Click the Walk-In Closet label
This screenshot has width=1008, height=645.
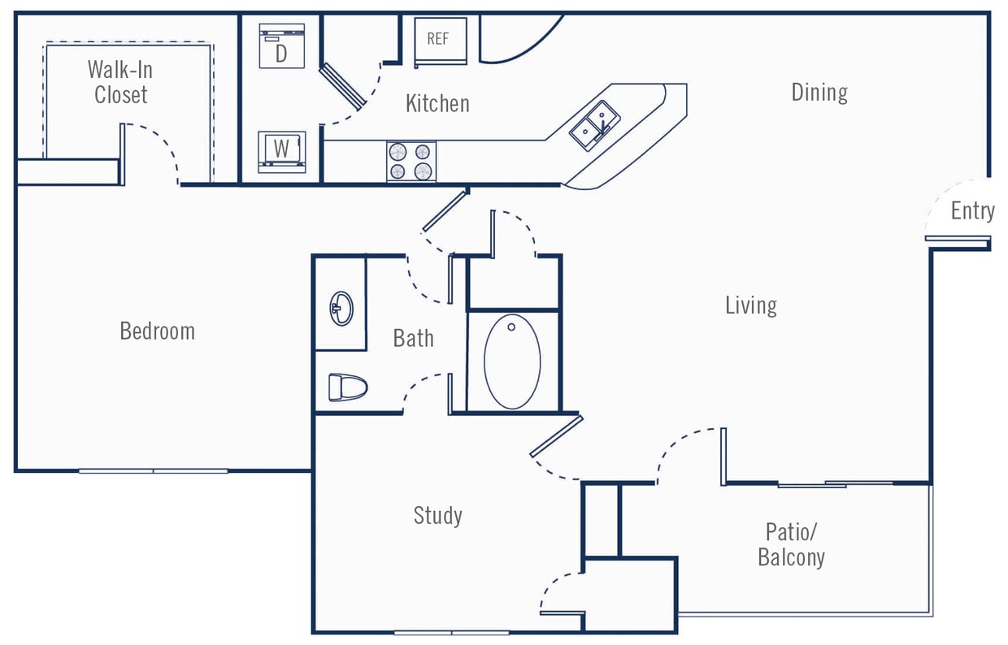point(120,82)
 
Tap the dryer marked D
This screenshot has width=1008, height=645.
point(281,46)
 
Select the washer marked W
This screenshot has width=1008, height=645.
point(281,151)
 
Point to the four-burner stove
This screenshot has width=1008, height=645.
point(411,161)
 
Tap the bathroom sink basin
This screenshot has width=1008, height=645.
point(341,308)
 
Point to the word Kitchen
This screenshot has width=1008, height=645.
point(437,104)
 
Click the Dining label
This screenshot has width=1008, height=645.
point(819,93)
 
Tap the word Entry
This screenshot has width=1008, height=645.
point(972,211)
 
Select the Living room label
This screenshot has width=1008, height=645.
point(750,305)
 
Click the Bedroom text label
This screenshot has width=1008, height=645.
point(157,331)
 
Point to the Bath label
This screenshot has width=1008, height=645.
point(413,338)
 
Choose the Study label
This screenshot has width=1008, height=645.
point(437,516)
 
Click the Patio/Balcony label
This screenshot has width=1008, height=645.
point(791,544)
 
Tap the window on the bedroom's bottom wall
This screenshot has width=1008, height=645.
point(154,470)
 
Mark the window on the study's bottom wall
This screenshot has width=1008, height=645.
point(451,632)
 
